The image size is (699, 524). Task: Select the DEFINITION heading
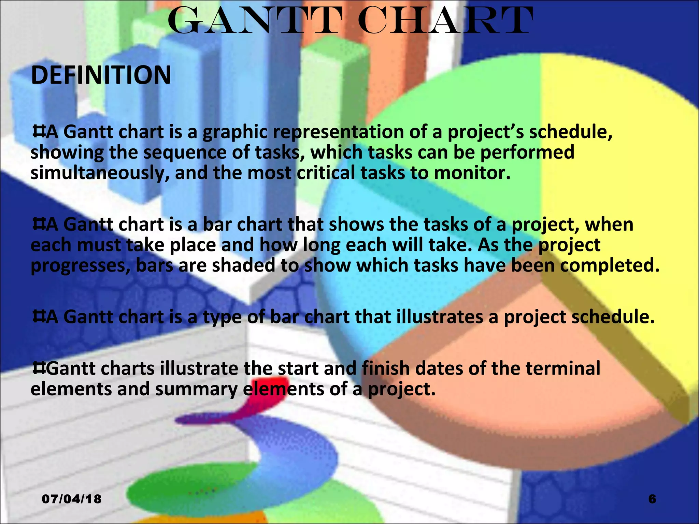pyautogui.click(x=101, y=75)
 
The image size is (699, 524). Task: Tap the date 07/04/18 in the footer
pyautogui.click(x=72, y=499)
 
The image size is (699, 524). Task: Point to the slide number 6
pyautogui.click(x=652, y=499)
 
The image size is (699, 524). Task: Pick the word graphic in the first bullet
pyautogui.click(x=235, y=132)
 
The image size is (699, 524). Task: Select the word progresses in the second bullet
pyautogui.click(x=81, y=266)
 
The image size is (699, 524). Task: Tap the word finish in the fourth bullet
pyautogui.click(x=386, y=368)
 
